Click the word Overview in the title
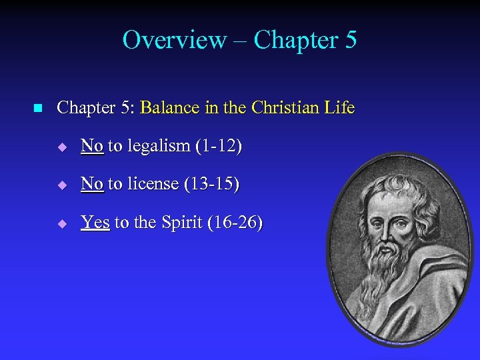tap(174, 40)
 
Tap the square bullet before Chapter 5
tap(37, 108)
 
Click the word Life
tap(341, 107)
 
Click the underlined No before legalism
tap(92, 146)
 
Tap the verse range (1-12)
tap(217, 146)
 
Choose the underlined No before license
tap(92, 184)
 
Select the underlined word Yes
tap(95, 222)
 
